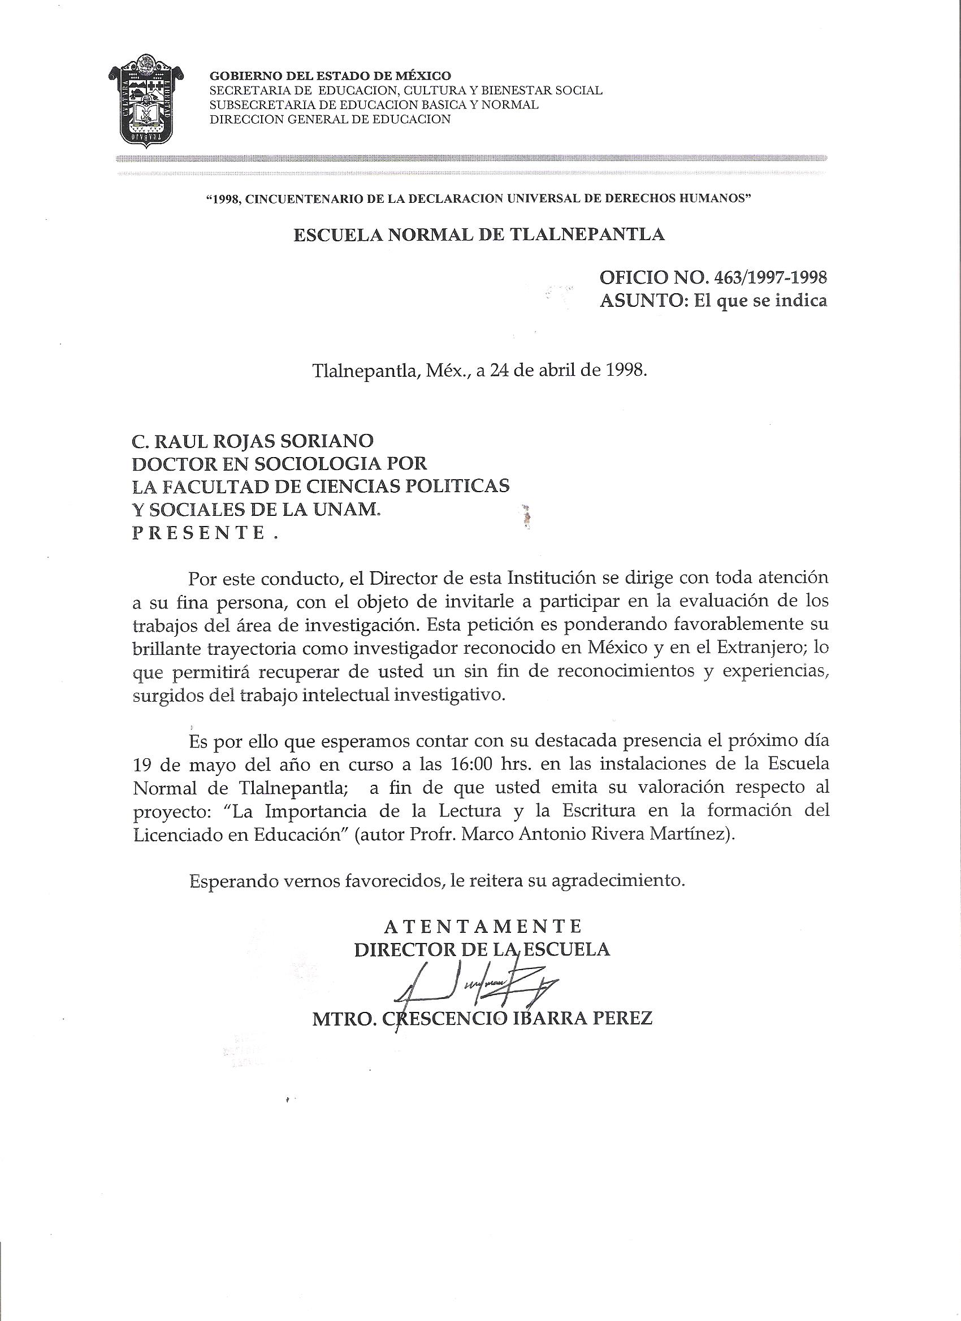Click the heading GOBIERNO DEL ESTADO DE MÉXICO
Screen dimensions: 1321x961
click(330, 75)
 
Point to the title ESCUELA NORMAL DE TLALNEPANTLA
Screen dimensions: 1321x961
click(478, 234)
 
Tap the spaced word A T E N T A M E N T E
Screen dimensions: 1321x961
click(483, 925)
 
